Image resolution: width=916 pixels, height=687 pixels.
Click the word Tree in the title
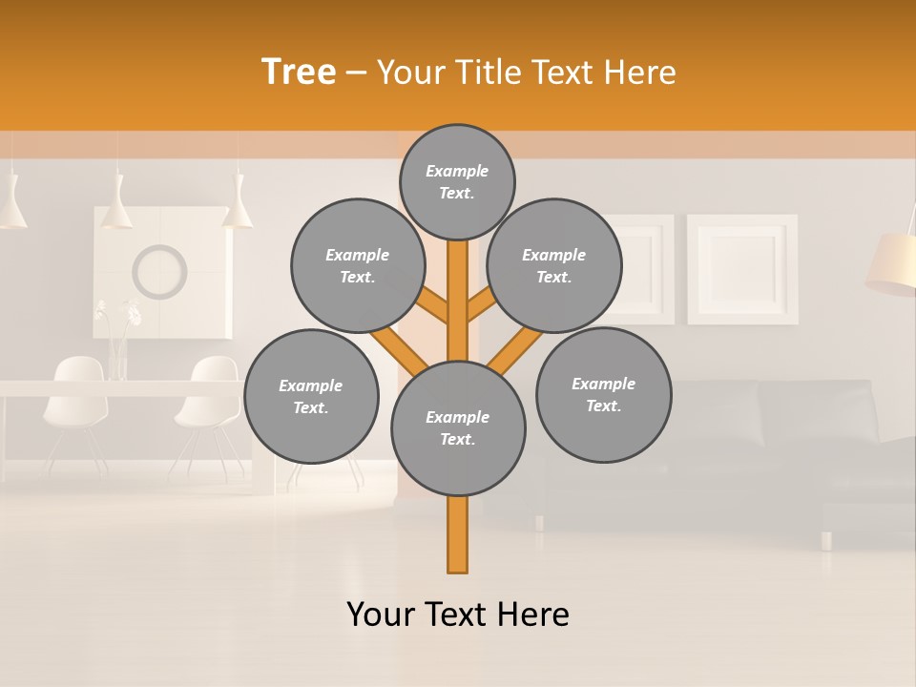point(299,72)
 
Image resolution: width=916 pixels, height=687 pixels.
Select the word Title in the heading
point(487,72)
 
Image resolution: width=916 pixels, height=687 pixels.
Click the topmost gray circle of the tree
point(457,181)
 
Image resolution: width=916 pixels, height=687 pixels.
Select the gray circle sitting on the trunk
point(458,428)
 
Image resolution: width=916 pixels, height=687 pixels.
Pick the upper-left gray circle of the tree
point(357,265)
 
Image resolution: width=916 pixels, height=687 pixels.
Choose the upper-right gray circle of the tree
point(554,265)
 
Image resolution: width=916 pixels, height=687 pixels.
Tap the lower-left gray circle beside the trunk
point(311,396)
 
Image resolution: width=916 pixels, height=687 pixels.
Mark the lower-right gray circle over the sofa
point(603,394)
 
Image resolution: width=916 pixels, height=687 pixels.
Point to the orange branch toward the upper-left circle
point(434,307)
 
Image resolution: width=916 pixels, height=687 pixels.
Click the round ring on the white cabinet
point(159,271)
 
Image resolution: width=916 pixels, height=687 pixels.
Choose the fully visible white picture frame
point(742,268)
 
